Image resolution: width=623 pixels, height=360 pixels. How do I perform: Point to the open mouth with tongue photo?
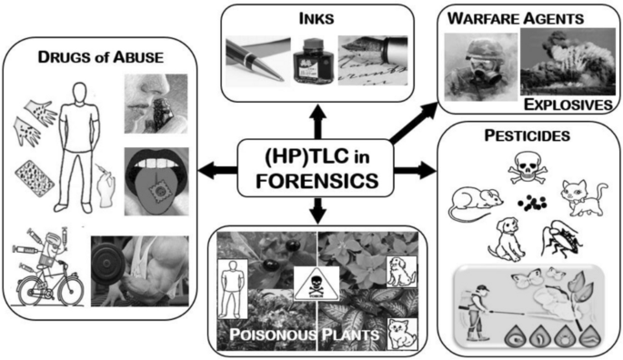click(x=156, y=183)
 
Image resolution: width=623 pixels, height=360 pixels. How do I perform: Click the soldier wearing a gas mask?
click(x=477, y=68)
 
